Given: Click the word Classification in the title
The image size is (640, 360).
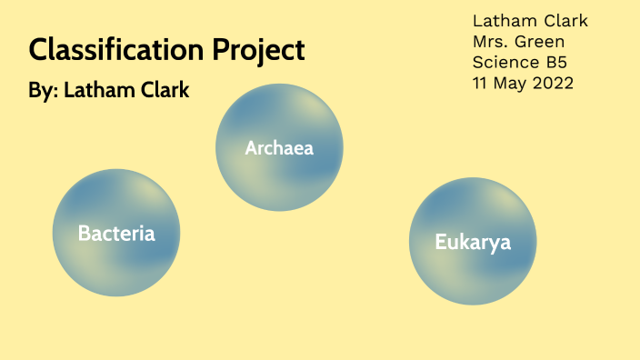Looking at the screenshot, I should [118, 50].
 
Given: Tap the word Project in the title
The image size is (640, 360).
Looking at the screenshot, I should [259, 51].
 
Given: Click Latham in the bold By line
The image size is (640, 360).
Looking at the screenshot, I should [95, 92].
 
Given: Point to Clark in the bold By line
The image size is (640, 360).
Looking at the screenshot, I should [161, 92].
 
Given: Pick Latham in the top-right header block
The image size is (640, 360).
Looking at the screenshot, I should [503, 21].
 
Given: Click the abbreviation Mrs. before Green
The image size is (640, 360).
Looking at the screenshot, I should [492, 42].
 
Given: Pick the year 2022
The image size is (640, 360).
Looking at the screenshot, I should [554, 84].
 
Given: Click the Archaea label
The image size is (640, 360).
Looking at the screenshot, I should [279, 147].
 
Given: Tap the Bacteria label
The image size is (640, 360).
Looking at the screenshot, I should [116, 234].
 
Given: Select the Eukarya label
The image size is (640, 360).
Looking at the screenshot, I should [473, 243].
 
